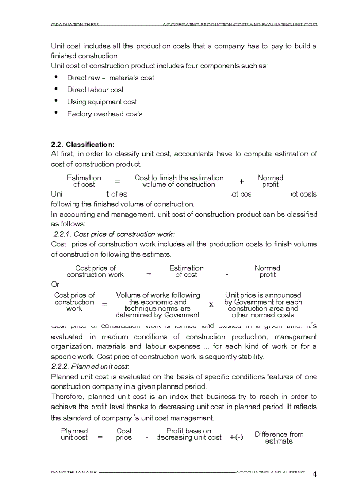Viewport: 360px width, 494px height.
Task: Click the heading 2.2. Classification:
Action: [82, 144]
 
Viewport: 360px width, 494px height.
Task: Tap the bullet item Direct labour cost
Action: [96, 90]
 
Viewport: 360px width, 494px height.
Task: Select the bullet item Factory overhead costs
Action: [105, 114]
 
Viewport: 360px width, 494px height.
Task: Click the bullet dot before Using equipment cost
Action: [56, 101]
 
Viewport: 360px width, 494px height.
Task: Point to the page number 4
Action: [315, 474]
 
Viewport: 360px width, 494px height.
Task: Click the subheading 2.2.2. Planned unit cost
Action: [90, 366]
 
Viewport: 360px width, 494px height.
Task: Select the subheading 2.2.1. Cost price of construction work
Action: [114, 234]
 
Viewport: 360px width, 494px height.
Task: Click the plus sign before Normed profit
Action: [241, 181]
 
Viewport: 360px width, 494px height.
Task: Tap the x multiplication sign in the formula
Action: [211, 304]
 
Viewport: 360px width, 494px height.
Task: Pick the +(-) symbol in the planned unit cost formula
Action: [237, 437]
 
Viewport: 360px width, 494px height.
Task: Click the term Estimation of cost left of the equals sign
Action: [84, 181]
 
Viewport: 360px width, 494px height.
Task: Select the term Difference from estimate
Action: [279, 437]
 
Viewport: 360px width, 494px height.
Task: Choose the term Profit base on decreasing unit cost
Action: [189, 434]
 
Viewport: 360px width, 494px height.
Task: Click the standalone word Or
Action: [55, 284]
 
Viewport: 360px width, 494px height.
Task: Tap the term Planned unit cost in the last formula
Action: [75, 434]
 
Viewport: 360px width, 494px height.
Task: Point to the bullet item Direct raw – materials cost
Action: [111, 78]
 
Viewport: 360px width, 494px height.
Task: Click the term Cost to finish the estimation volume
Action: [179, 181]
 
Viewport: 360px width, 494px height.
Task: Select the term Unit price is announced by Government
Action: [263, 305]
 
